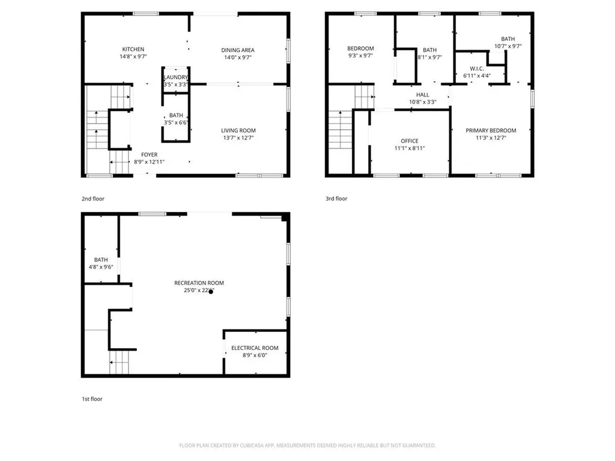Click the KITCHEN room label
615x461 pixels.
[x=133, y=49]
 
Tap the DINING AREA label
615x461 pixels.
[x=239, y=50]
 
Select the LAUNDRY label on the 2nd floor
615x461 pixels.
[x=176, y=77]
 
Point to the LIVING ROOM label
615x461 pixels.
[x=238, y=130]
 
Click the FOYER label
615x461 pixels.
[x=149, y=155]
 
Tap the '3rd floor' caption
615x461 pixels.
[x=336, y=199]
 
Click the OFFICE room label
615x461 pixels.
[x=410, y=141]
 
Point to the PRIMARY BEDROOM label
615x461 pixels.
[x=491, y=131]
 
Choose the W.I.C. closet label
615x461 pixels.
[x=477, y=68]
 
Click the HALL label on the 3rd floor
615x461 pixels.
[x=422, y=95]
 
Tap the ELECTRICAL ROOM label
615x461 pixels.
[x=255, y=348]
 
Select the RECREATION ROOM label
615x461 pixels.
[x=199, y=283]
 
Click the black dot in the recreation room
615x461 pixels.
[x=211, y=292]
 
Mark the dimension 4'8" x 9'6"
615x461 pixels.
[x=101, y=267]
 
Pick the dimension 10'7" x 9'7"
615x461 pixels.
[x=507, y=46]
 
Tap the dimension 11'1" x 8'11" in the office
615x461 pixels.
[x=410, y=149]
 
